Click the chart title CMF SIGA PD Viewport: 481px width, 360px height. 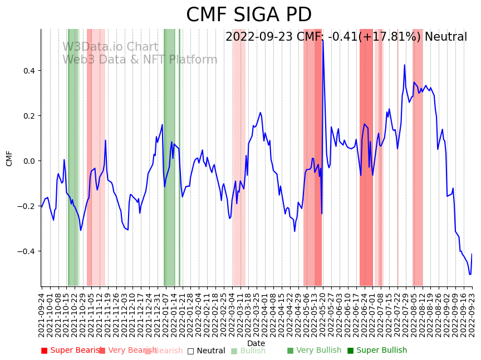(x=249, y=15)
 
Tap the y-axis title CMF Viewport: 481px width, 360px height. (x=9, y=158)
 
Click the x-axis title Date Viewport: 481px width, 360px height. (x=256, y=343)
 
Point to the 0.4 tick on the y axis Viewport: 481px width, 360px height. (x=28, y=71)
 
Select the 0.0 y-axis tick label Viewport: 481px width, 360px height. (x=28, y=161)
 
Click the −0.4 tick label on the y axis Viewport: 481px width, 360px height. (x=26, y=251)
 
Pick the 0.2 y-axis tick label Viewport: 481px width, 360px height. (x=28, y=116)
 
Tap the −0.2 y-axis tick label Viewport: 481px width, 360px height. (x=26, y=206)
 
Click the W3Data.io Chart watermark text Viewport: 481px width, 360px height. (x=110, y=47)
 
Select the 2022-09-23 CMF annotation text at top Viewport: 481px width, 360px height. (x=346, y=37)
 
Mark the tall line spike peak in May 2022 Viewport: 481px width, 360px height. (x=323, y=40)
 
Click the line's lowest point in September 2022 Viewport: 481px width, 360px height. (x=470, y=274)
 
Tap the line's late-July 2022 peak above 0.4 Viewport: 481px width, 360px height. (x=405, y=65)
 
